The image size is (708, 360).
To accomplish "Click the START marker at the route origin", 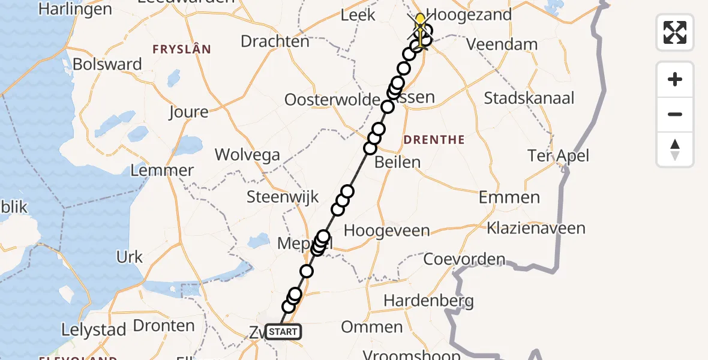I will [x=282, y=332].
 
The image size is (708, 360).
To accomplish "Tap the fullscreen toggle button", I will [x=675, y=32].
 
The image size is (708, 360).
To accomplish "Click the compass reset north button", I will [x=675, y=149].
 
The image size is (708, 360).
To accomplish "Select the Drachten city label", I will [x=275, y=41].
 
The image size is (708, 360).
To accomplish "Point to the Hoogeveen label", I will [x=387, y=231].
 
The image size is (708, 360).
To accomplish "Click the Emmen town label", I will [x=509, y=197].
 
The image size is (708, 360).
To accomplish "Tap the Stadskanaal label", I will [x=529, y=98].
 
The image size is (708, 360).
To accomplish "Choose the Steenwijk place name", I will [x=283, y=197].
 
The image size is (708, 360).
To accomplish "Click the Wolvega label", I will [x=247, y=155].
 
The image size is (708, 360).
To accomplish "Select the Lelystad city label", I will [x=94, y=329].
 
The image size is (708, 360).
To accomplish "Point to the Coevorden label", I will [x=464, y=259].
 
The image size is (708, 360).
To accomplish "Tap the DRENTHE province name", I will [x=434, y=140].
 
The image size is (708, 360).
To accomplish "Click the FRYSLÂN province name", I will [x=182, y=49].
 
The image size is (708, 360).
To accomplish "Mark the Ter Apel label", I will [x=558, y=156].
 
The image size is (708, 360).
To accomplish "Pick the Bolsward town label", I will [x=107, y=64].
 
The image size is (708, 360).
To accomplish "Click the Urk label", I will [x=130, y=257].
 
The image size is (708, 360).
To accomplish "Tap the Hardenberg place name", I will [x=428, y=300].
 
